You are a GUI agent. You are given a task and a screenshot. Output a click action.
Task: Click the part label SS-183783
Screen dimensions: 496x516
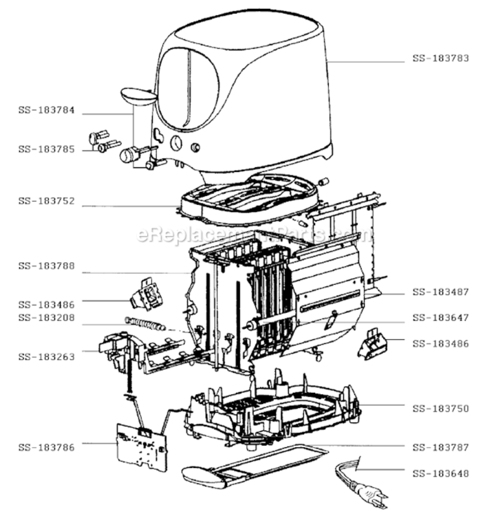pos(441,58)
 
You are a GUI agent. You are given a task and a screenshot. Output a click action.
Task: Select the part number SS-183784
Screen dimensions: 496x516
pos(47,110)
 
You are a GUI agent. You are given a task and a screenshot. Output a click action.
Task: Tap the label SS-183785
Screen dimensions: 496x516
pos(47,149)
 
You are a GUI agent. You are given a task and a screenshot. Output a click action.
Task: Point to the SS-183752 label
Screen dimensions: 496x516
pos(47,201)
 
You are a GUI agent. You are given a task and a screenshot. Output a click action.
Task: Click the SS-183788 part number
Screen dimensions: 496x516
pos(47,266)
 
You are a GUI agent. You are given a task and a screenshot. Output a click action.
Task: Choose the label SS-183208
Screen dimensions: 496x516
pos(47,318)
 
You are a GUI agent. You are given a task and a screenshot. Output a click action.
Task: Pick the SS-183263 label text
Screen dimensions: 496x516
pos(47,356)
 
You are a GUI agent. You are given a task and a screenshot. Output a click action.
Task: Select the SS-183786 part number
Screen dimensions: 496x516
pos(47,447)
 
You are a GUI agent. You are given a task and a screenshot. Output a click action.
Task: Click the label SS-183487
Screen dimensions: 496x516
pos(441,292)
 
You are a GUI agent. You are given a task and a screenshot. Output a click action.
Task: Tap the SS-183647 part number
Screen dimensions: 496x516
pos(441,318)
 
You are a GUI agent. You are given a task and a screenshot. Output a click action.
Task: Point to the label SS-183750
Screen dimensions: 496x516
pos(441,409)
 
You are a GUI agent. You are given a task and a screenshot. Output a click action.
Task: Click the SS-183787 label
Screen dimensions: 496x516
pos(441,447)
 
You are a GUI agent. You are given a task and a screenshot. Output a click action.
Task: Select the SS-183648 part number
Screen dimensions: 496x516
pos(441,473)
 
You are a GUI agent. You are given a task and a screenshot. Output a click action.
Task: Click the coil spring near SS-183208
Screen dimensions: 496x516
pos(145,323)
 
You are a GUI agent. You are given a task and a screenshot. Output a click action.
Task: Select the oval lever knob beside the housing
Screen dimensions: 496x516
pos(138,96)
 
